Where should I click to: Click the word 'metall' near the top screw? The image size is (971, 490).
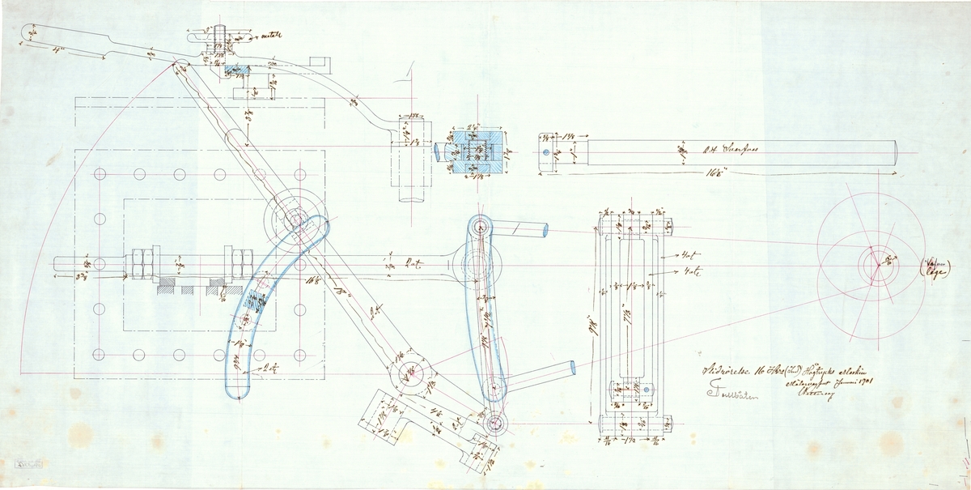[267, 36]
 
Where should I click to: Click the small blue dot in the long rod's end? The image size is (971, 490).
[546, 151]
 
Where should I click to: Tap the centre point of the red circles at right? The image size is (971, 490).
[874, 265]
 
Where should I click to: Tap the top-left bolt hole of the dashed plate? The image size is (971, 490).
[101, 175]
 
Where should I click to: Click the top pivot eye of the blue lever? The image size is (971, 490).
[479, 228]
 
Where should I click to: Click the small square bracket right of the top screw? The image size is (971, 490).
[322, 62]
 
